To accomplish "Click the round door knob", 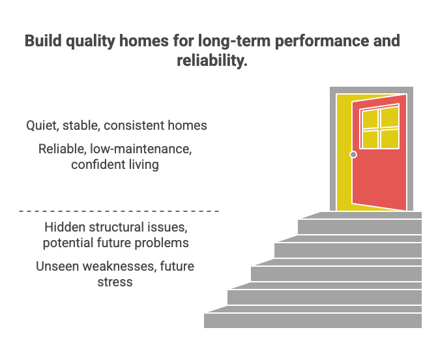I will [353, 155].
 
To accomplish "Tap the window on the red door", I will [380, 128].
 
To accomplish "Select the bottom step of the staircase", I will [313, 320].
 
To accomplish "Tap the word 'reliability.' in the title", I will [212, 61].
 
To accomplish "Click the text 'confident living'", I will [115, 164].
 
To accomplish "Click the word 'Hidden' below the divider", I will [65, 228].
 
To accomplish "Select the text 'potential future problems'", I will [116, 243].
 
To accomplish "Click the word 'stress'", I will [115, 282].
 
